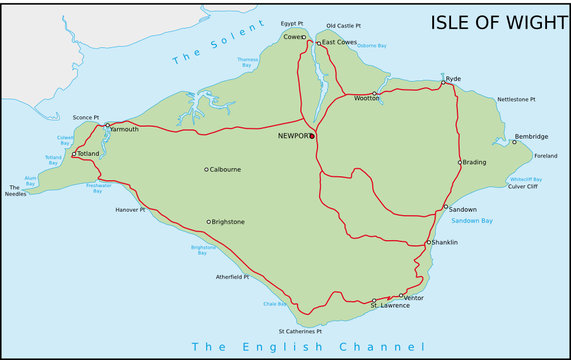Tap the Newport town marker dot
(x=312, y=135)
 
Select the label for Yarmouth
(x=125, y=129)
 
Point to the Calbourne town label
(x=225, y=169)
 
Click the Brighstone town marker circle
(x=208, y=222)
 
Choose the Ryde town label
(x=454, y=78)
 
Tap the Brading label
(x=476, y=162)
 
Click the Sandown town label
(x=464, y=209)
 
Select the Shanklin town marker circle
(x=428, y=242)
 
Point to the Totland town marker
(x=73, y=154)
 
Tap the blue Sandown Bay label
(x=472, y=221)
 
